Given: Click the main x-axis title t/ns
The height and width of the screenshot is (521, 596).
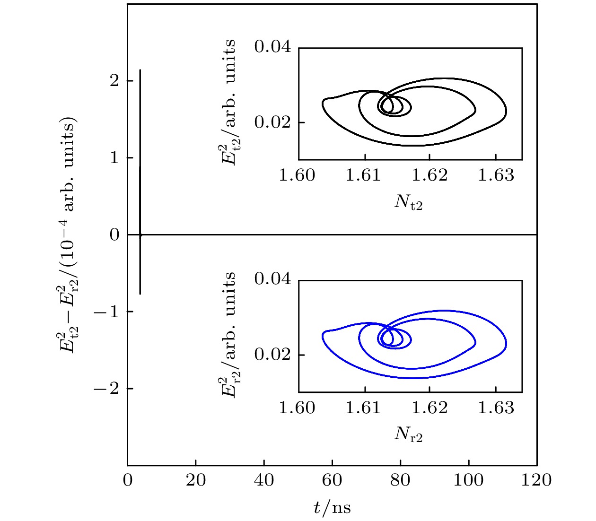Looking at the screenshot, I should coord(332,508).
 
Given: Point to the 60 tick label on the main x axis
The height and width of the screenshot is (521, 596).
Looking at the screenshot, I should coord(332,480).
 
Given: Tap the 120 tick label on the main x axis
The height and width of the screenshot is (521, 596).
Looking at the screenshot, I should coord(536,480).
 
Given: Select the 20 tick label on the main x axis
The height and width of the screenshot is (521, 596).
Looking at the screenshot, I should coord(195,480).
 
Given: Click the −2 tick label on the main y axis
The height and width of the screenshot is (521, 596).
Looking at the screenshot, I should coord(107,389).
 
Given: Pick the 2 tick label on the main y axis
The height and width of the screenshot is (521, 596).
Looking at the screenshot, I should coord(114,81).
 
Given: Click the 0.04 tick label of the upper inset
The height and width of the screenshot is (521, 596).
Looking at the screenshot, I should coord(272,46).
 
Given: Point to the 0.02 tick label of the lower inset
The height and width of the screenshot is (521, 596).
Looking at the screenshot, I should coord(272,355).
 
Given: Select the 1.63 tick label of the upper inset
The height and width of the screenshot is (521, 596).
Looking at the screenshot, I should coord(496,175).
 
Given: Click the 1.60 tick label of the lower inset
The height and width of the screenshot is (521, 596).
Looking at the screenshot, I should coord(297,408).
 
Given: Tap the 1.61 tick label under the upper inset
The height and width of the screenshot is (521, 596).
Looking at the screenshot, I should coord(363,175).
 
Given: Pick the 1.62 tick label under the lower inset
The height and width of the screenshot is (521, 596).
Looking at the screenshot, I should coord(429,408).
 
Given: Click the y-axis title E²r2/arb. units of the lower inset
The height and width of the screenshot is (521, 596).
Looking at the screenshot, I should coord(229,335).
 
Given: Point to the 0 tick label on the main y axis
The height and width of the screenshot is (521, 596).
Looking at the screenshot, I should coord(114,234).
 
